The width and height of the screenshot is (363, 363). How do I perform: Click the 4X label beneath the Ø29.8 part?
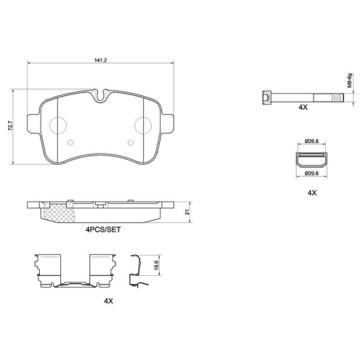click(x=312, y=193)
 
